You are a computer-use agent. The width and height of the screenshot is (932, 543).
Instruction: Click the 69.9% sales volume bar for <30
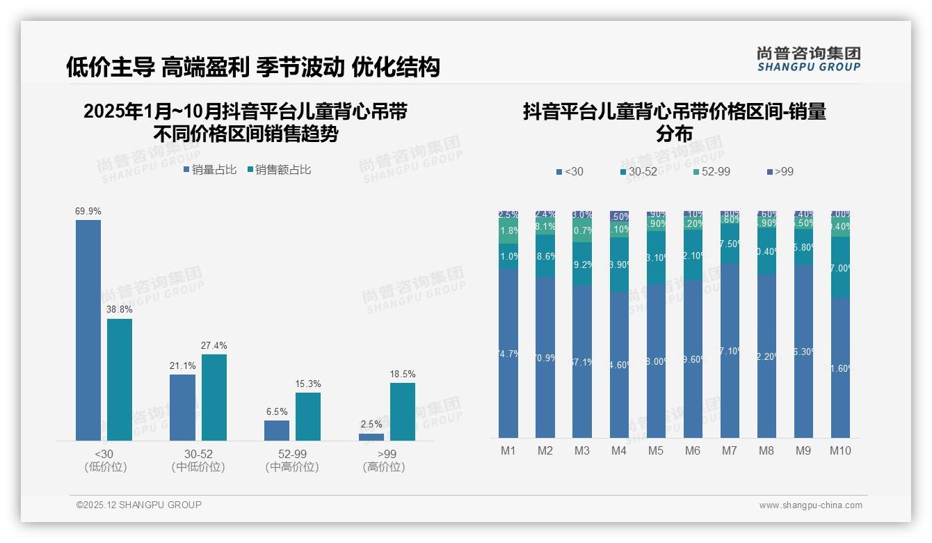(x=88, y=330)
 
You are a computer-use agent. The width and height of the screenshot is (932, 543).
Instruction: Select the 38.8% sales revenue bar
(x=120, y=379)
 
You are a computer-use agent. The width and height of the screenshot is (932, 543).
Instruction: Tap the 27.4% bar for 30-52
(x=214, y=397)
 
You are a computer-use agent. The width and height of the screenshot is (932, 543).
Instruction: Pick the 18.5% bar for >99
(x=402, y=411)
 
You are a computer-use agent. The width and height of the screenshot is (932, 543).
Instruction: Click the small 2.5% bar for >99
(x=371, y=436)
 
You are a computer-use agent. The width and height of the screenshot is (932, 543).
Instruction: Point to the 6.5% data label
(x=277, y=412)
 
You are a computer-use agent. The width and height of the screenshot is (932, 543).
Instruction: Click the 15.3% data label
(x=308, y=384)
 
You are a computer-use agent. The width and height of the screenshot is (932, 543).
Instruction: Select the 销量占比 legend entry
(x=210, y=170)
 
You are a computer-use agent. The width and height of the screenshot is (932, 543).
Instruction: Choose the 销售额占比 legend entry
(x=279, y=170)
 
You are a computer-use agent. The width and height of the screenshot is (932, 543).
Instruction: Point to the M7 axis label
(x=729, y=451)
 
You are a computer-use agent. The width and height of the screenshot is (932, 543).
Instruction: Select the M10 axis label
(x=840, y=451)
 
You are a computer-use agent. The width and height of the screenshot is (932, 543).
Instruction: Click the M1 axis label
(x=508, y=451)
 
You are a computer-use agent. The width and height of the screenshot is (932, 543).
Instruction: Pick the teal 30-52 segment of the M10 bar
(x=840, y=267)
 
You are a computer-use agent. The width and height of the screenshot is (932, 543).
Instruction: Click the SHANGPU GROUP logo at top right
(x=808, y=59)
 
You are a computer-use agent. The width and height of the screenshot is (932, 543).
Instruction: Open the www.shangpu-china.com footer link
(x=810, y=505)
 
